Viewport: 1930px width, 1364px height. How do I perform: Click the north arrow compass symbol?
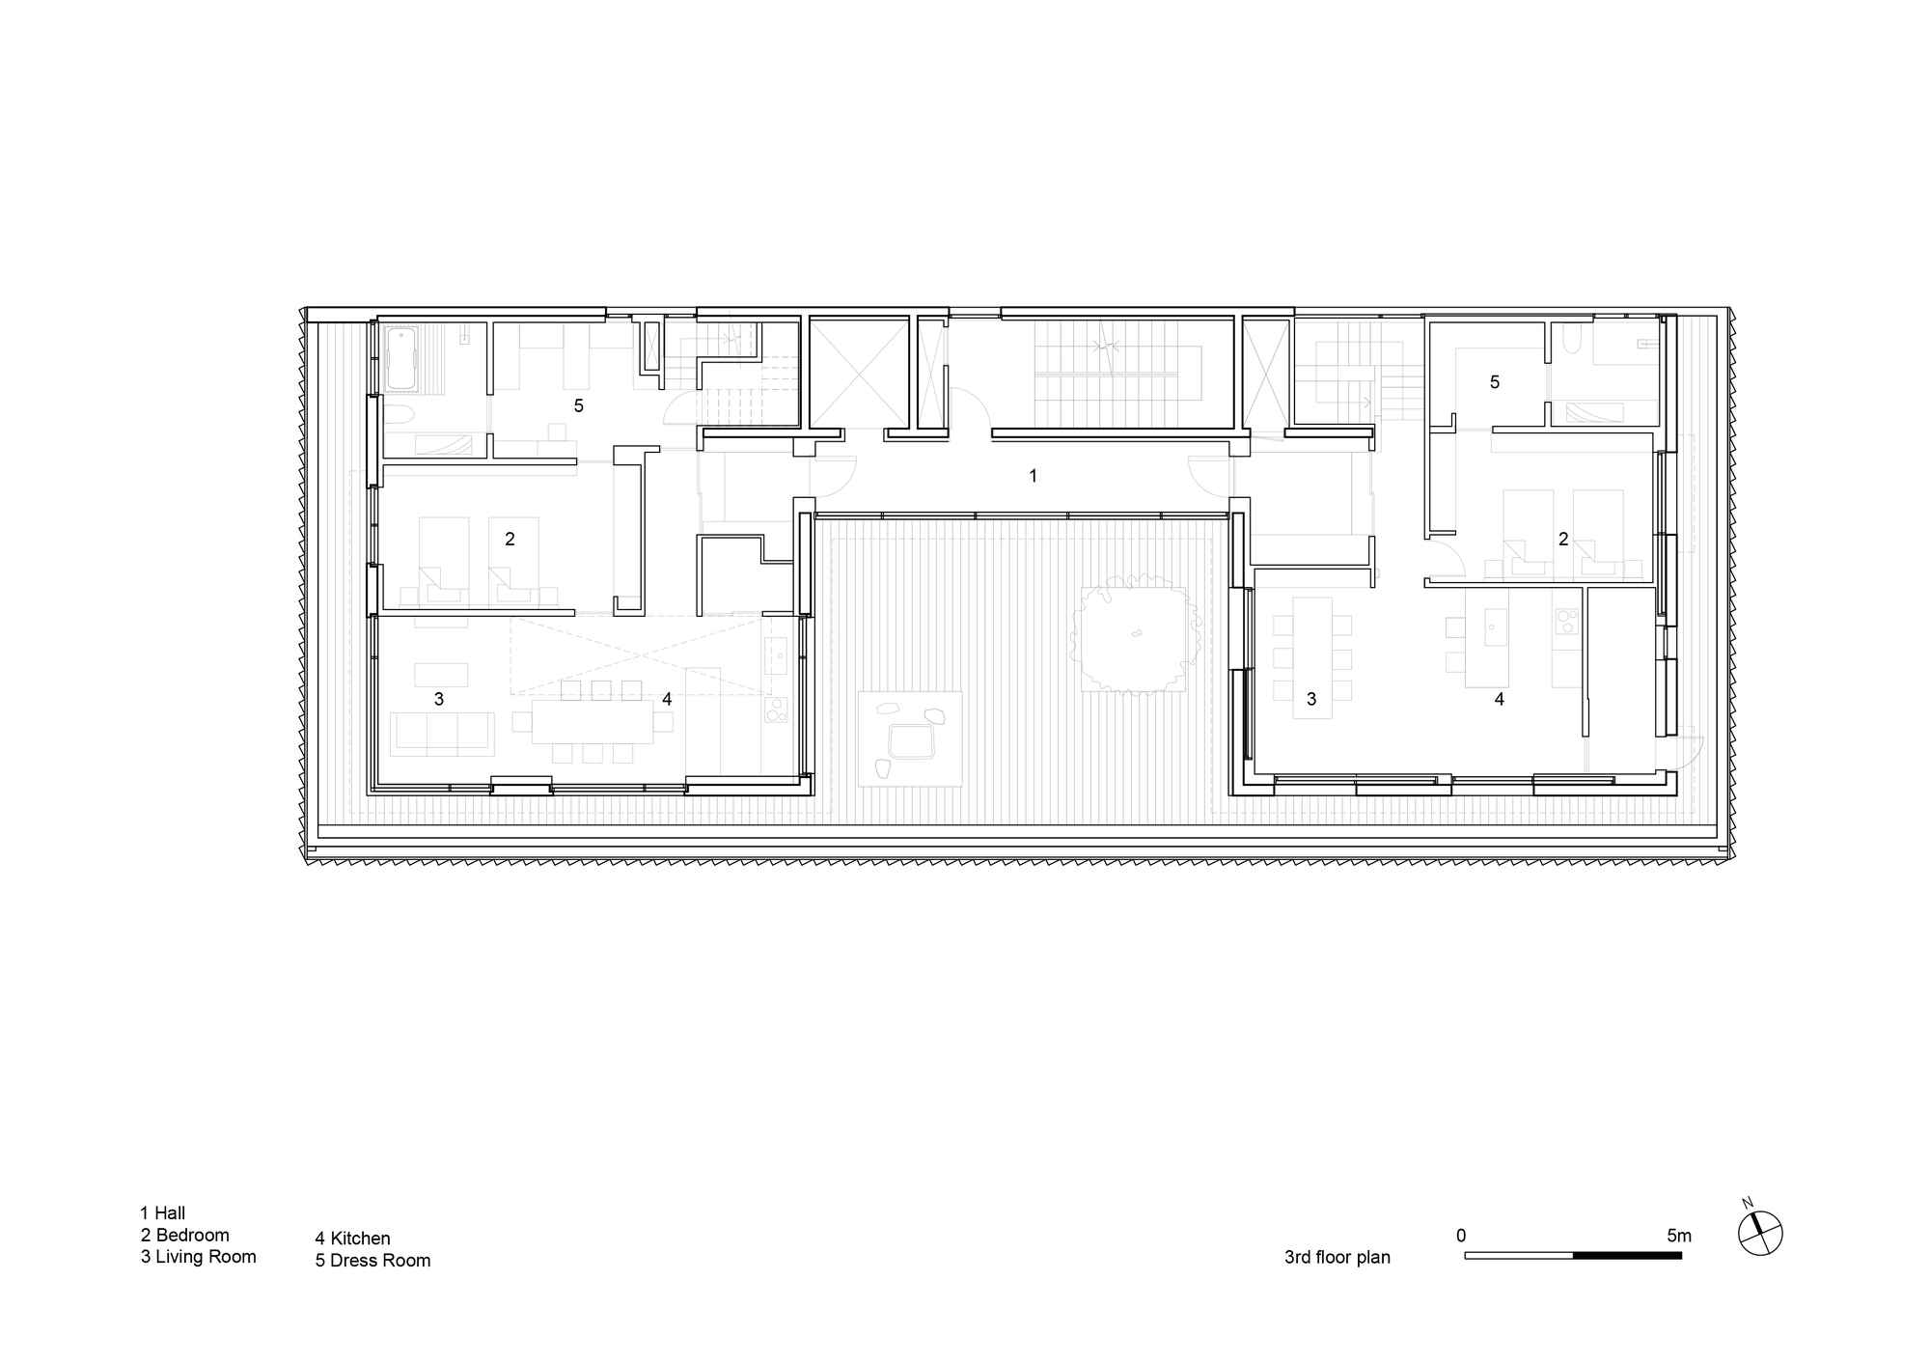click(x=1760, y=1233)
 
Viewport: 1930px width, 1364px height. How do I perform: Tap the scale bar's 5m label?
click(x=1678, y=1236)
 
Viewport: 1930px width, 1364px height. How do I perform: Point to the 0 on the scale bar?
click(x=1461, y=1236)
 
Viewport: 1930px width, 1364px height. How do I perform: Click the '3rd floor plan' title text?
click(x=1337, y=1257)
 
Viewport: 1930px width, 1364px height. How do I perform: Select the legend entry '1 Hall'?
click(x=163, y=1213)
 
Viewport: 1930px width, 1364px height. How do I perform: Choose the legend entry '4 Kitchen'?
click(x=352, y=1239)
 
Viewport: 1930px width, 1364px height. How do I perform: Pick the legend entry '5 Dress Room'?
click(x=372, y=1261)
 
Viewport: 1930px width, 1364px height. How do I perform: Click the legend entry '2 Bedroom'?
click(x=185, y=1235)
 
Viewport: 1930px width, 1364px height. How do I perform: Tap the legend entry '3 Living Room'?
click(x=199, y=1257)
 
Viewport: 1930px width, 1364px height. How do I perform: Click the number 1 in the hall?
click(x=1034, y=476)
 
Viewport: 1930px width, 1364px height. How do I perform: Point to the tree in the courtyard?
click(x=1134, y=634)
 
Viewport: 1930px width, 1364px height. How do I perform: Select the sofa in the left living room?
click(x=442, y=733)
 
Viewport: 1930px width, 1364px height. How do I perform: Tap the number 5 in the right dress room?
click(x=1495, y=382)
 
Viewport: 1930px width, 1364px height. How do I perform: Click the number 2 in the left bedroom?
click(x=510, y=540)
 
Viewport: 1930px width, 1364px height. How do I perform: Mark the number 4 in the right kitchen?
click(x=1499, y=699)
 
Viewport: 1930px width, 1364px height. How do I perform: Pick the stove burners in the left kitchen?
click(x=776, y=710)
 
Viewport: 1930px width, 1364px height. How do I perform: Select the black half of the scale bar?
click(x=1627, y=1256)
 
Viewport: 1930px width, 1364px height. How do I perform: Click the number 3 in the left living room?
click(x=439, y=699)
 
